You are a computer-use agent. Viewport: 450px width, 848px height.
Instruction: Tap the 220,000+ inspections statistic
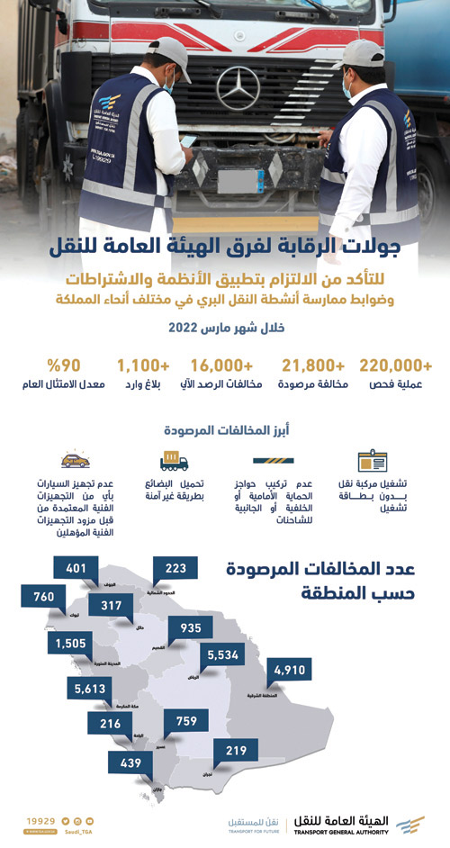point(395,365)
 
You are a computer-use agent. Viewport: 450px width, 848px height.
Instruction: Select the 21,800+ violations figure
point(314,365)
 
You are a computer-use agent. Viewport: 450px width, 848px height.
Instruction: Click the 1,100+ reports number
point(143,365)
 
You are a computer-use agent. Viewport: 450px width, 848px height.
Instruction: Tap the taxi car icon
point(75,461)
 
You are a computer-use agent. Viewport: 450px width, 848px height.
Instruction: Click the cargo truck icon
point(174,463)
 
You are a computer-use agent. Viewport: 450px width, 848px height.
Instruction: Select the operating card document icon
point(372,462)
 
